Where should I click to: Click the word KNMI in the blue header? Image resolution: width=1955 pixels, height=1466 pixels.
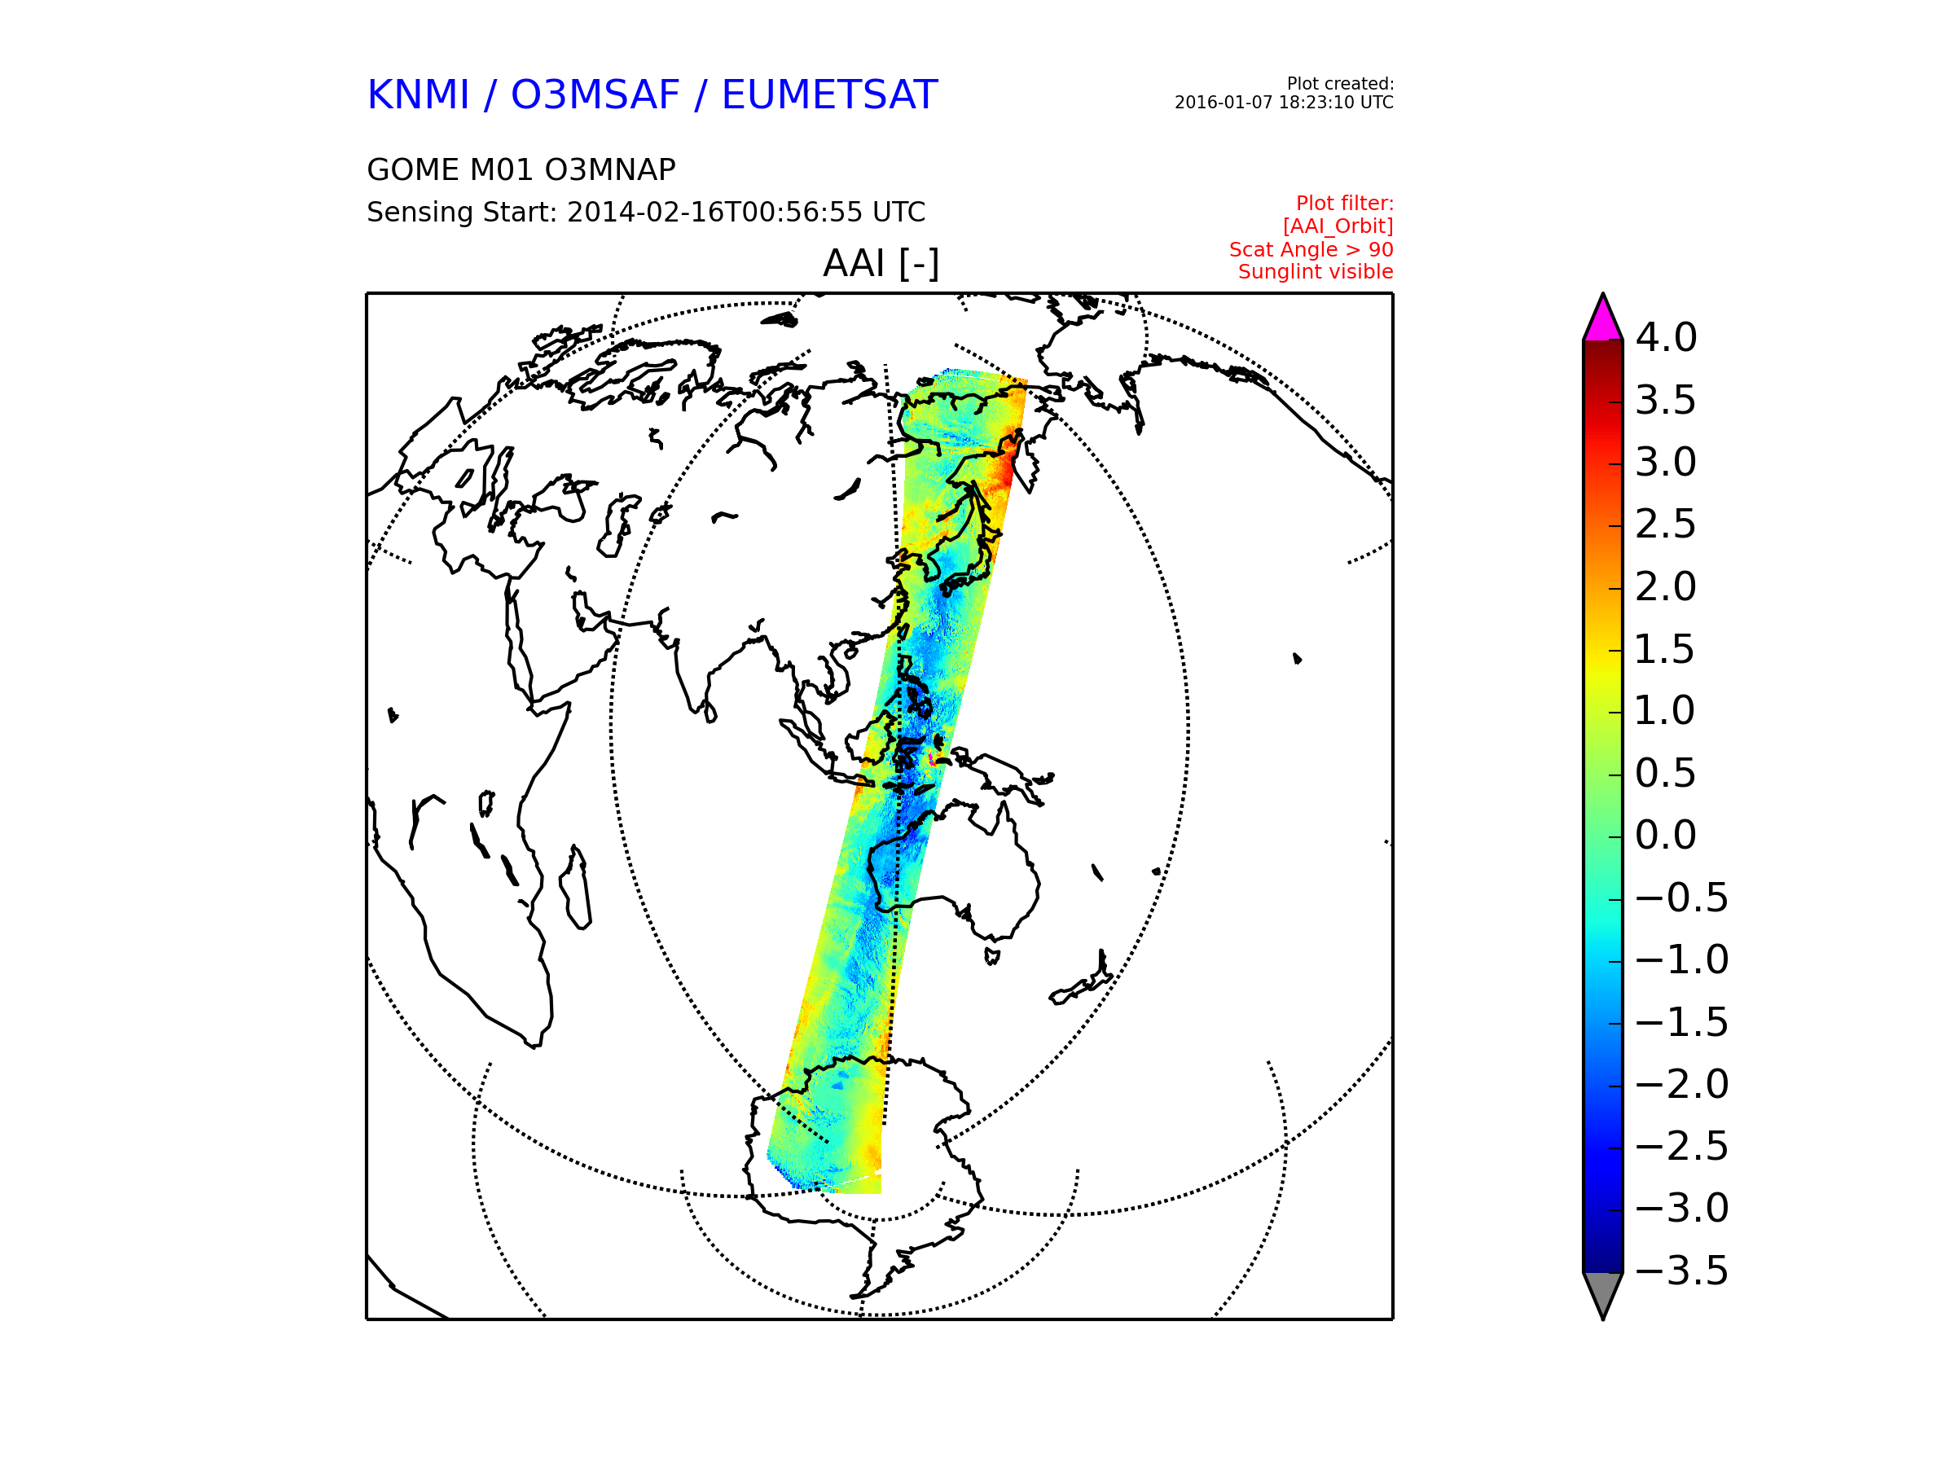click(418, 95)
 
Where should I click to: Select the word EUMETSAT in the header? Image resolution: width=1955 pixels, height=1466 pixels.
click(829, 95)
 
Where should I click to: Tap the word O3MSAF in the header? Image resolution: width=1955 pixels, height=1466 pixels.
click(595, 95)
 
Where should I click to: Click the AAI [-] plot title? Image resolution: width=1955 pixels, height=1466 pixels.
click(881, 263)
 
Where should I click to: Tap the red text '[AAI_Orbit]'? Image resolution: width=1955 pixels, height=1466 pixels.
click(1338, 227)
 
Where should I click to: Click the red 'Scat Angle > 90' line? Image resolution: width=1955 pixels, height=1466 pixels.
click(1311, 250)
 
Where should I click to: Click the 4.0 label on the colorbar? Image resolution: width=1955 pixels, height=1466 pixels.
click(1665, 337)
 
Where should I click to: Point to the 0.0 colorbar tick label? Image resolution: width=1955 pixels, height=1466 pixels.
click(1665, 835)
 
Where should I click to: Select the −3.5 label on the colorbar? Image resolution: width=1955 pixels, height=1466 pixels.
click(1681, 1271)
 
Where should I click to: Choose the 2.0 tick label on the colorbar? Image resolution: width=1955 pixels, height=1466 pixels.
click(1665, 586)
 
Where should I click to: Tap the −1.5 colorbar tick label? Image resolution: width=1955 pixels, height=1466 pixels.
click(1681, 1022)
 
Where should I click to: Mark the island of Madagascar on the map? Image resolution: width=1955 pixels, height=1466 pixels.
click(575, 887)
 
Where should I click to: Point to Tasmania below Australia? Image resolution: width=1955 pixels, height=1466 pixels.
click(992, 956)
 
